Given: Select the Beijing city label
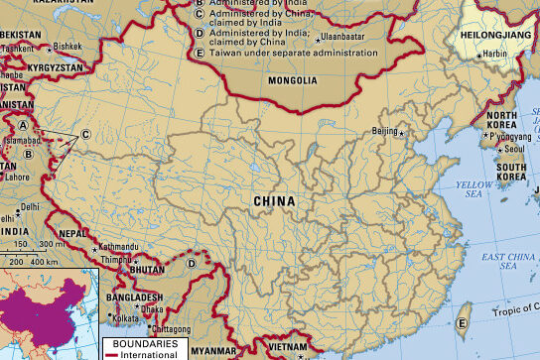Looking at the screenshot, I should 383,131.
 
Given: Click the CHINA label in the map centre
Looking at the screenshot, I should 275,201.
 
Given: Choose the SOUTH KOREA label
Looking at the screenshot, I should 511,173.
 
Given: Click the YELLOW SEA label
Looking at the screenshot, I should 473,190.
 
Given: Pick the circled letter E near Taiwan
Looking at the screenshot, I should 462,323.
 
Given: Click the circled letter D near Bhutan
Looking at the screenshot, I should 191,263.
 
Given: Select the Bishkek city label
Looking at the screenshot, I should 67,46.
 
